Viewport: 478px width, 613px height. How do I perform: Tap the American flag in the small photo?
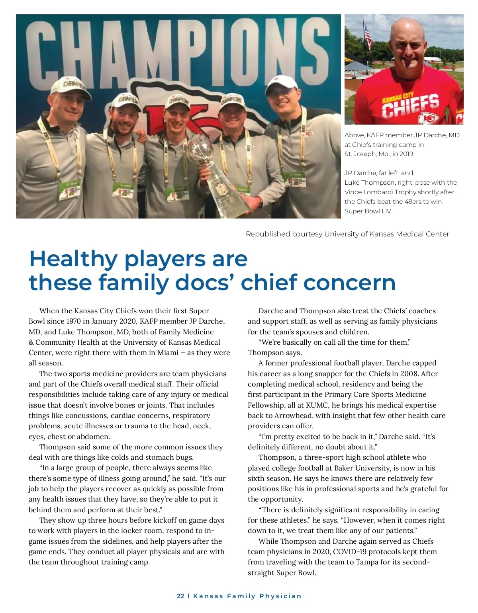point(368,35)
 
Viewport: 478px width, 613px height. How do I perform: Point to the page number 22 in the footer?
point(180,596)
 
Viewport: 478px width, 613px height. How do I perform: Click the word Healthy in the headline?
point(73,259)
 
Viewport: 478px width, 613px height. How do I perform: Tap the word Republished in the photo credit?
point(268,234)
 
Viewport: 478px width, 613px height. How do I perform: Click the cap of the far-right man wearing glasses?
point(282,83)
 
